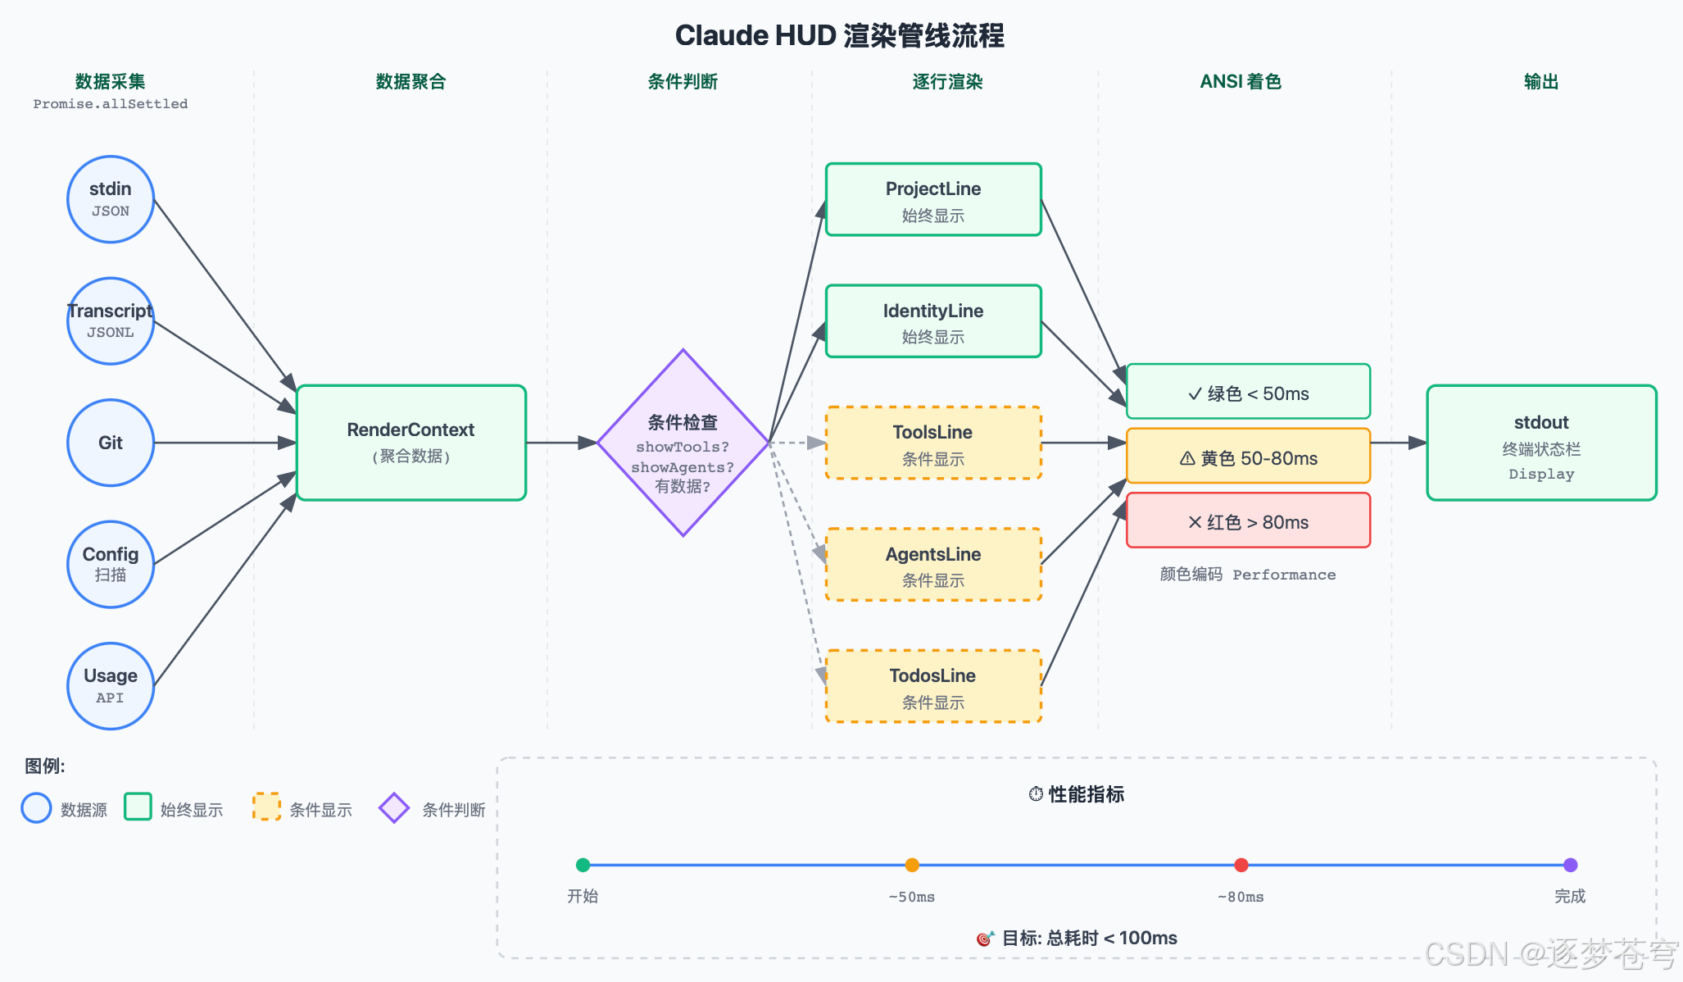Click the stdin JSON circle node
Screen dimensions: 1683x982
click(111, 199)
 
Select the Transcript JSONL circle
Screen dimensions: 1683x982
click(111, 321)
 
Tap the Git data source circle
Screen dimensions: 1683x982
click(111, 443)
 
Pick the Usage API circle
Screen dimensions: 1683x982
click(111, 686)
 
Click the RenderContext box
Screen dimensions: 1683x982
click(411, 443)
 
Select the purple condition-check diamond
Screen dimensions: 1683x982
click(683, 443)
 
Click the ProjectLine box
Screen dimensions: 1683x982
click(933, 199)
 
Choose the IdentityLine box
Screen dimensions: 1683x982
click(933, 321)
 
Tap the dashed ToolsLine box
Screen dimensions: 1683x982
click(933, 443)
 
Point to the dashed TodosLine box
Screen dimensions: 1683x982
click(933, 686)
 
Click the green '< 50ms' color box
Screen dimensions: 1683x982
click(1249, 392)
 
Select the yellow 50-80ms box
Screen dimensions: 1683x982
click(1249, 456)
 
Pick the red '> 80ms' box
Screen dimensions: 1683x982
click(1249, 521)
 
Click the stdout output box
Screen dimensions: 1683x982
click(1541, 443)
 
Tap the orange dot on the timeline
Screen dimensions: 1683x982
click(912, 865)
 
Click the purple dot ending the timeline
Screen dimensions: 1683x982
click(1570, 865)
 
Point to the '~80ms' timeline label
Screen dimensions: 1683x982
click(1241, 897)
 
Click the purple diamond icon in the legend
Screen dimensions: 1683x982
click(394, 808)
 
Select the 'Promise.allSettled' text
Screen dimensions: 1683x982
click(111, 104)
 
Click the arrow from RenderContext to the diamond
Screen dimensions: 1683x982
click(562, 443)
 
